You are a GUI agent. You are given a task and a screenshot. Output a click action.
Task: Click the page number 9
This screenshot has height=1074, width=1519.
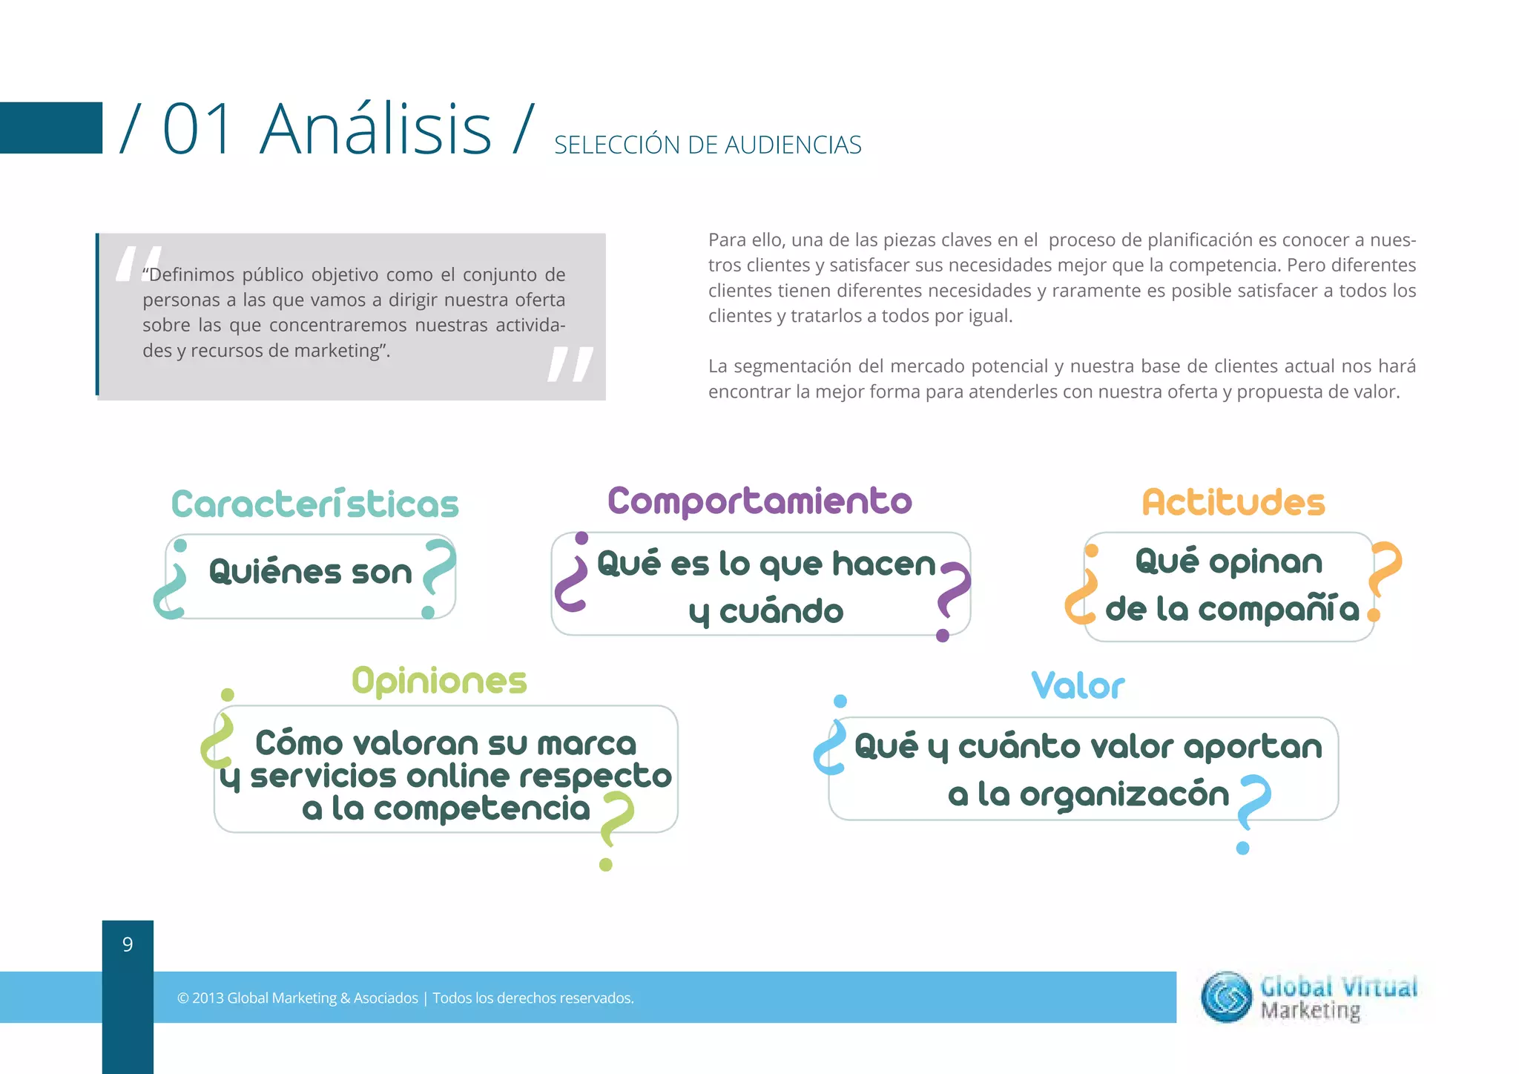(x=128, y=944)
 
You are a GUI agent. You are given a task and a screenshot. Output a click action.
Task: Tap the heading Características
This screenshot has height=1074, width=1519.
(x=315, y=504)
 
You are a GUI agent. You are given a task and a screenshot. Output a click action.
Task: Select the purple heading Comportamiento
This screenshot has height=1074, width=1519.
(x=759, y=501)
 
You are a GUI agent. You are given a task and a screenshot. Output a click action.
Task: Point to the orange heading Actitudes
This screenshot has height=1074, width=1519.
(x=1233, y=503)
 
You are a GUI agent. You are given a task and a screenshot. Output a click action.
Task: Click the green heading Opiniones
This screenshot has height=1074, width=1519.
(x=439, y=681)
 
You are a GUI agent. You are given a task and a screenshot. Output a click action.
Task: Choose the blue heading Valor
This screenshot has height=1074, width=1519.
(x=1078, y=686)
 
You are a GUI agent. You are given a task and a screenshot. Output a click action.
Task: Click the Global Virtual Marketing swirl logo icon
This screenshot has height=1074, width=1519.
(x=1226, y=997)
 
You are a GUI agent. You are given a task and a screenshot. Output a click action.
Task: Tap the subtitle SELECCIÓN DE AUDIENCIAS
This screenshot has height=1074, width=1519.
(x=708, y=145)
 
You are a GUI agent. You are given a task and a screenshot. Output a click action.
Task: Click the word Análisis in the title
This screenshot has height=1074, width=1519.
(x=375, y=130)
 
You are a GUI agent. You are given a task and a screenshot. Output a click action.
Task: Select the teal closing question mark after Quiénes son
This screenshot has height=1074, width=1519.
(x=438, y=575)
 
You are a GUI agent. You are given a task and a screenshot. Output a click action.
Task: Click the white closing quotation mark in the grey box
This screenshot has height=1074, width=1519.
(x=570, y=364)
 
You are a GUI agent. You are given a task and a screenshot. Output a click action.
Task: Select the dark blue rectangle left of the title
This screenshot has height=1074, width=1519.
(x=50, y=128)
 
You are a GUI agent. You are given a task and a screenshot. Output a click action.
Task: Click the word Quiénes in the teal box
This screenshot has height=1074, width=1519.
(x=275, y=572)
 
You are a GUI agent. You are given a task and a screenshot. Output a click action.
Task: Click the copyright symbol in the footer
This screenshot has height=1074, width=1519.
(x=182, y=998)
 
